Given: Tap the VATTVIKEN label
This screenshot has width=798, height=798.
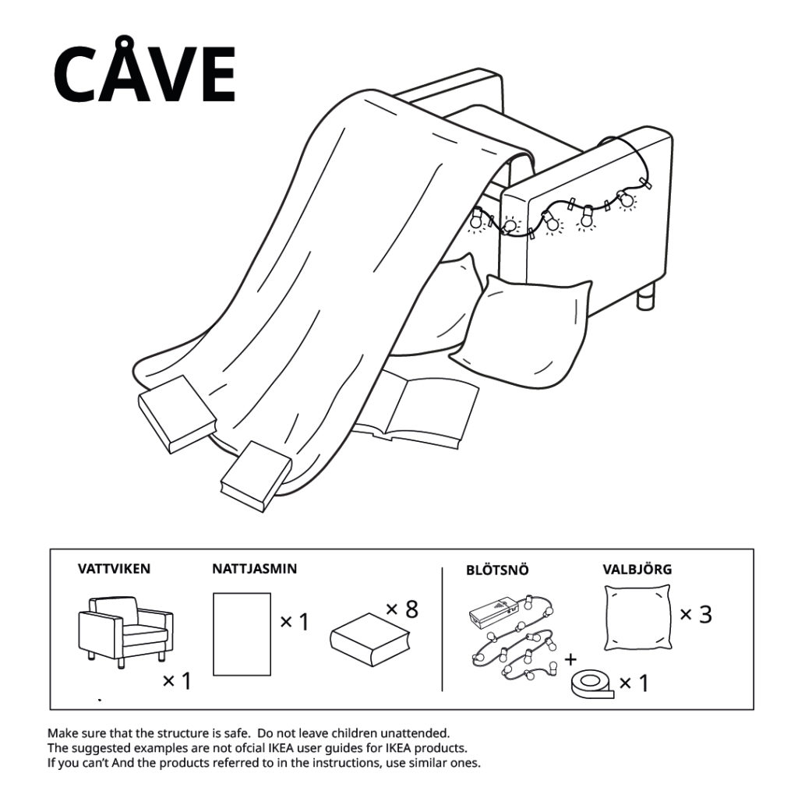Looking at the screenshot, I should pyautogui.click(x=114, y=569).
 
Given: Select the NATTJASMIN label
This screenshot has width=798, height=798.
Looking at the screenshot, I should pyautogui.click(x=254, y=569).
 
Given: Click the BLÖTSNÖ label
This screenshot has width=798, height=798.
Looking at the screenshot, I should pyautogui.click(x=497, y=570).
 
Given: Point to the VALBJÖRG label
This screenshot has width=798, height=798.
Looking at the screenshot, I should pyautogui.click(x=637, y=570).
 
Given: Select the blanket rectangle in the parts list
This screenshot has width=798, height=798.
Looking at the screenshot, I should pyautogui.click(x=242, y=634).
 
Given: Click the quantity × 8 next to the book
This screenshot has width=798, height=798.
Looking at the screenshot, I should pyautogui.click(x=402, y=609).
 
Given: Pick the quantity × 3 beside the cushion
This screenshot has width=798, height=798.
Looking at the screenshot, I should pyautogui.click(x=696, y=615).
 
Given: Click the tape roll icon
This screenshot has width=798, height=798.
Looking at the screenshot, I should pyautogui.click(x=590, y=684).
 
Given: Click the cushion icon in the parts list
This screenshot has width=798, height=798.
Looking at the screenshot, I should pyautogui.click(x=637, y=618).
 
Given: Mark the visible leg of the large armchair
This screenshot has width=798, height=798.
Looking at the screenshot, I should pyautogui.click(x=645, y=298).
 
